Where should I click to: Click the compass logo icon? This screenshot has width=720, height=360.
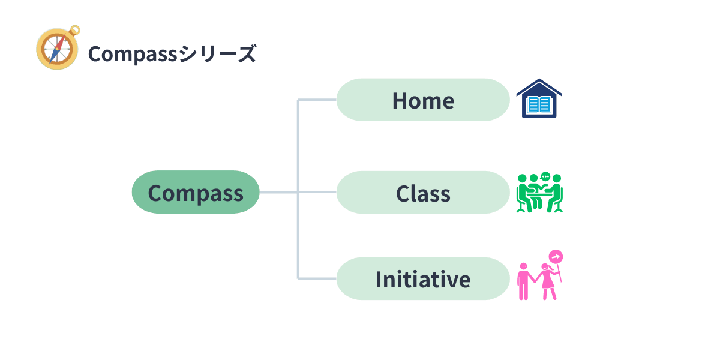(x=58, y=49)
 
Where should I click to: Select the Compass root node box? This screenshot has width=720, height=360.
(x=196, y=193)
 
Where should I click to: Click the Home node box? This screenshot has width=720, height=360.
(x=422, y=100)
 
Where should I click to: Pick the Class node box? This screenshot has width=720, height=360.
(x=422, y=193)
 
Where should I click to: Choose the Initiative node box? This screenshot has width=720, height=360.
(x=422, y=279)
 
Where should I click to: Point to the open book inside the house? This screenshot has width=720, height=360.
(x=539, y=106)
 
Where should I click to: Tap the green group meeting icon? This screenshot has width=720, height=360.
(x=539, y=193)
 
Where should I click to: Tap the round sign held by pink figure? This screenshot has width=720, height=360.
(x=556, y=257)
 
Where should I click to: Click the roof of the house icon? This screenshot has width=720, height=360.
(x=539, y=85)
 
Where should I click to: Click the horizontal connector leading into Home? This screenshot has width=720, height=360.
(x=317, y=100)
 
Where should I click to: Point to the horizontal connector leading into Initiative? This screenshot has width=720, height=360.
(x=317, y=279)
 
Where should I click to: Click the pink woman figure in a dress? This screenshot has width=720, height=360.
(x=547, y=282)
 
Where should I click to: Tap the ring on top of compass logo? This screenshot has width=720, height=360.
(x=75, y=28)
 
